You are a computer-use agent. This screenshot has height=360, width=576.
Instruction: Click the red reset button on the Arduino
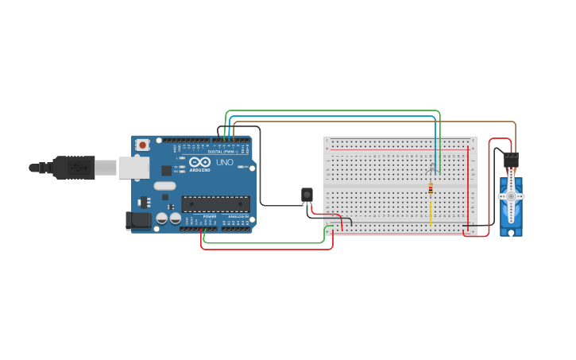143,145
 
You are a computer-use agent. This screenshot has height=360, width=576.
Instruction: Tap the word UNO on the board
225,162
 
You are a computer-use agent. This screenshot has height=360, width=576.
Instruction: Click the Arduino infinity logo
199,162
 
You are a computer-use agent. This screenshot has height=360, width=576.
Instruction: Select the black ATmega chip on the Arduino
215,204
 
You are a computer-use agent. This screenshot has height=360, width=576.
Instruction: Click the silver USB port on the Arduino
133,167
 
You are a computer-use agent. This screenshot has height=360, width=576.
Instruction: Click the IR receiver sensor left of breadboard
307,195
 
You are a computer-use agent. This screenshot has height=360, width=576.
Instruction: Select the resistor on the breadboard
431,189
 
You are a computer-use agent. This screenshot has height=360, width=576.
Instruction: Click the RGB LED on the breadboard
432,168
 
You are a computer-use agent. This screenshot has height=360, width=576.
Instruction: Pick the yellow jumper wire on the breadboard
431,213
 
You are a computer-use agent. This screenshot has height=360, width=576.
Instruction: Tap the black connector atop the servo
511,159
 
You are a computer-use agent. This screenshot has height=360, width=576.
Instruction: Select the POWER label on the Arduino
210,216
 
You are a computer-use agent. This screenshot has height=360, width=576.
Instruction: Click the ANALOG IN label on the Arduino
237,216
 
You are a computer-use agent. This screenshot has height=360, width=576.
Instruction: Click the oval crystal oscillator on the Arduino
164,186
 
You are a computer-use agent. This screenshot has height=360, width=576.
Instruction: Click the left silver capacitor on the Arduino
161,218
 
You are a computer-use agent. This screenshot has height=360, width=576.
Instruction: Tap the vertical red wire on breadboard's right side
468,187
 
